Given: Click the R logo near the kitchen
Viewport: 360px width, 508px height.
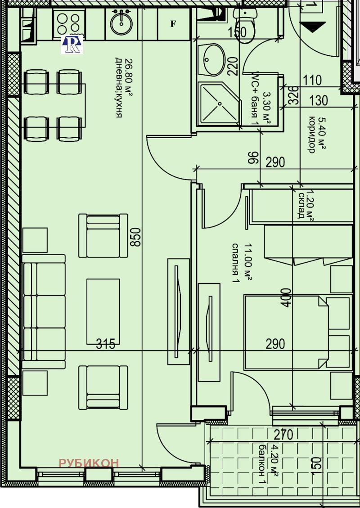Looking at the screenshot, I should coord(72,44).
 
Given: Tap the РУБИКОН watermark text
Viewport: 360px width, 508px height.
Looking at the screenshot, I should coord(89,463).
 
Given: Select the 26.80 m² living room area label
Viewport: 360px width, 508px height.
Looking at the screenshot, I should coord(122,87).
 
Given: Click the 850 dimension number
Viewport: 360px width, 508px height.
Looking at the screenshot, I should coord(136,237).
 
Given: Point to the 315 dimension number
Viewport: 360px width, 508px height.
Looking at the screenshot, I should coord(106,344).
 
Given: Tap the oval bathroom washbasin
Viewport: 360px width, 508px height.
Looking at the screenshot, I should coord(214,60).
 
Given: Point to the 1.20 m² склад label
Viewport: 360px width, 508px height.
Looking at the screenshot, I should coord(305,205).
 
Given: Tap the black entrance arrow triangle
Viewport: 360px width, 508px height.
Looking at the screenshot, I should coord(315,27).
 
